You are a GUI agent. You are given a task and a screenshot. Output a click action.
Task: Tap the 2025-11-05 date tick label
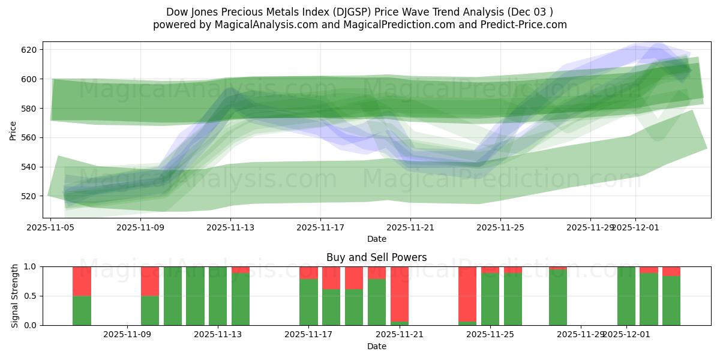50,227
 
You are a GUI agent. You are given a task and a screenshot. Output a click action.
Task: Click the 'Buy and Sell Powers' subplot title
377,257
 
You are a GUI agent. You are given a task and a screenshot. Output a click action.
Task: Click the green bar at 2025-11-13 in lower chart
218,296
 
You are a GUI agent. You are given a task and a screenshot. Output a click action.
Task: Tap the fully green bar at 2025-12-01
626,296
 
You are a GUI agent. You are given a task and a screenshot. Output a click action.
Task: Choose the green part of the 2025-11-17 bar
308,302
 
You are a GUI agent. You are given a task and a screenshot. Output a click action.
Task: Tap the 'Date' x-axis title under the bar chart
377,346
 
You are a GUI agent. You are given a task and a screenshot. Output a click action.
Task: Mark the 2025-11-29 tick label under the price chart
590,227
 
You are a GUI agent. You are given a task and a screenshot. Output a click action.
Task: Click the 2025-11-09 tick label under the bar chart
128,335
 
